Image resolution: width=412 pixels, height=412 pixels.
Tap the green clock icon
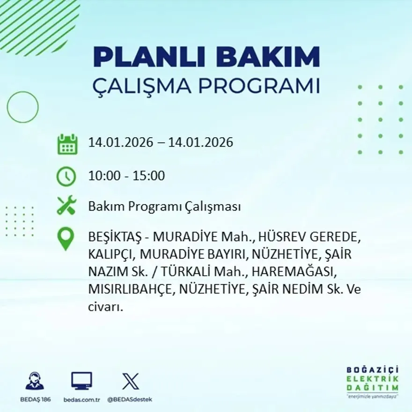point(66,177)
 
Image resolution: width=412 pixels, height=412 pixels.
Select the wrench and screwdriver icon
point(66,206)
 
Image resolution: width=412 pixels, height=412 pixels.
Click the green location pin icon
point(66,238)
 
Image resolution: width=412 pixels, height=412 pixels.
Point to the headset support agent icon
point(34,381)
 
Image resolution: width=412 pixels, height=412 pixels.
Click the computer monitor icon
point(81,381)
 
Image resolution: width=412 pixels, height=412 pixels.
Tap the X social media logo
point(130,381)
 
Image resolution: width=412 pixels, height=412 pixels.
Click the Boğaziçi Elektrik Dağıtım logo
point(373,382)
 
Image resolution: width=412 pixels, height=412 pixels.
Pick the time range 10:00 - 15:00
point(126,176)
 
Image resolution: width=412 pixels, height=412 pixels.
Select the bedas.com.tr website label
point(82,399)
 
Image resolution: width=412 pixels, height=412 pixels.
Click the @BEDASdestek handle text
point(130,399)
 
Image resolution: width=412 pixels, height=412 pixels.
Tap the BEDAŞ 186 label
point(35,399)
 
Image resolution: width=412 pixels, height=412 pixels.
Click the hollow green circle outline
point(22,107)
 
